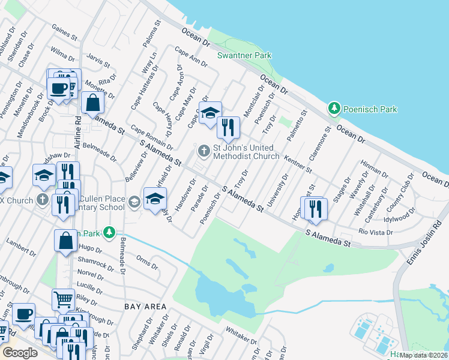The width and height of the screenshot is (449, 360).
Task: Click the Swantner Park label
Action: (244, 56)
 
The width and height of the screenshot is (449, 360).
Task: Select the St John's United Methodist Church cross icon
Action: (204, 151)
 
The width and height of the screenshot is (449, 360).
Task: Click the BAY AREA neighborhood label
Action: (145, 307)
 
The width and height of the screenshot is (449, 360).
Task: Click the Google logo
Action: (20, 353)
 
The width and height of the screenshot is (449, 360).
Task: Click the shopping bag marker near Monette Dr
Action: (93, 103)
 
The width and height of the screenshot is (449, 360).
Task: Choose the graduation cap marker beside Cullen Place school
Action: (155, 197)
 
